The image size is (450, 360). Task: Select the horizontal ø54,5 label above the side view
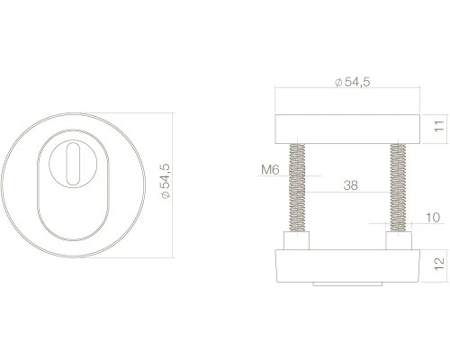(x=352, y=82)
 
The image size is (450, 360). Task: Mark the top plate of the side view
(x=346, y=125)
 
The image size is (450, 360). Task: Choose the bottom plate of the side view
(x=346, y=266)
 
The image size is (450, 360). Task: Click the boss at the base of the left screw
(x=295, y=242)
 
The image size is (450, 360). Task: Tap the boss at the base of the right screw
(x=395, y=242)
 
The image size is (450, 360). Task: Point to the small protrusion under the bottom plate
(x=346, y=284)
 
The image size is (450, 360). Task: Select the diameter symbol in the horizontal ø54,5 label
(x=337, y=83)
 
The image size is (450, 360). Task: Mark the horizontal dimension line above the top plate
(x=346, y=91)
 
